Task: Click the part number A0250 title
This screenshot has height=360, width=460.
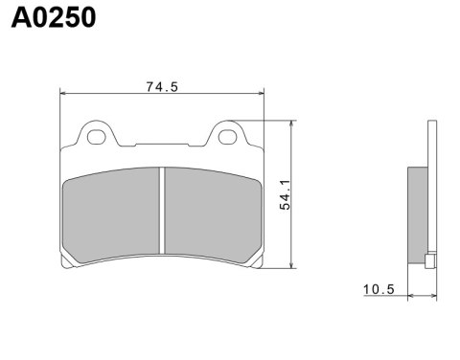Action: [x=54, y=18]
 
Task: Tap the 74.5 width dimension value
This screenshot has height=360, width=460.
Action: [x=162, y=86]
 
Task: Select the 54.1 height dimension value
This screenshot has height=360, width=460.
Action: [x=285, y=195]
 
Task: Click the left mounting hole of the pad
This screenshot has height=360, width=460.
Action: [x=96, y=137]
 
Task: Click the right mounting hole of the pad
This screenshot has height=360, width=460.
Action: [x=227, y=137]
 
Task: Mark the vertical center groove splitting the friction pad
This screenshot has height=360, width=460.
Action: [x=163, y=213]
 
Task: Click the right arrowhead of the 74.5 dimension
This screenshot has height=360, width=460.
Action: [x=260, y=94]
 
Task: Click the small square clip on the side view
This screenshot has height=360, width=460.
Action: [x=430, y=258]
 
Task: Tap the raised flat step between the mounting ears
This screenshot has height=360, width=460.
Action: [x=162, y=145]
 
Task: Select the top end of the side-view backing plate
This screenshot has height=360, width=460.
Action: [x=430, y=124]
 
